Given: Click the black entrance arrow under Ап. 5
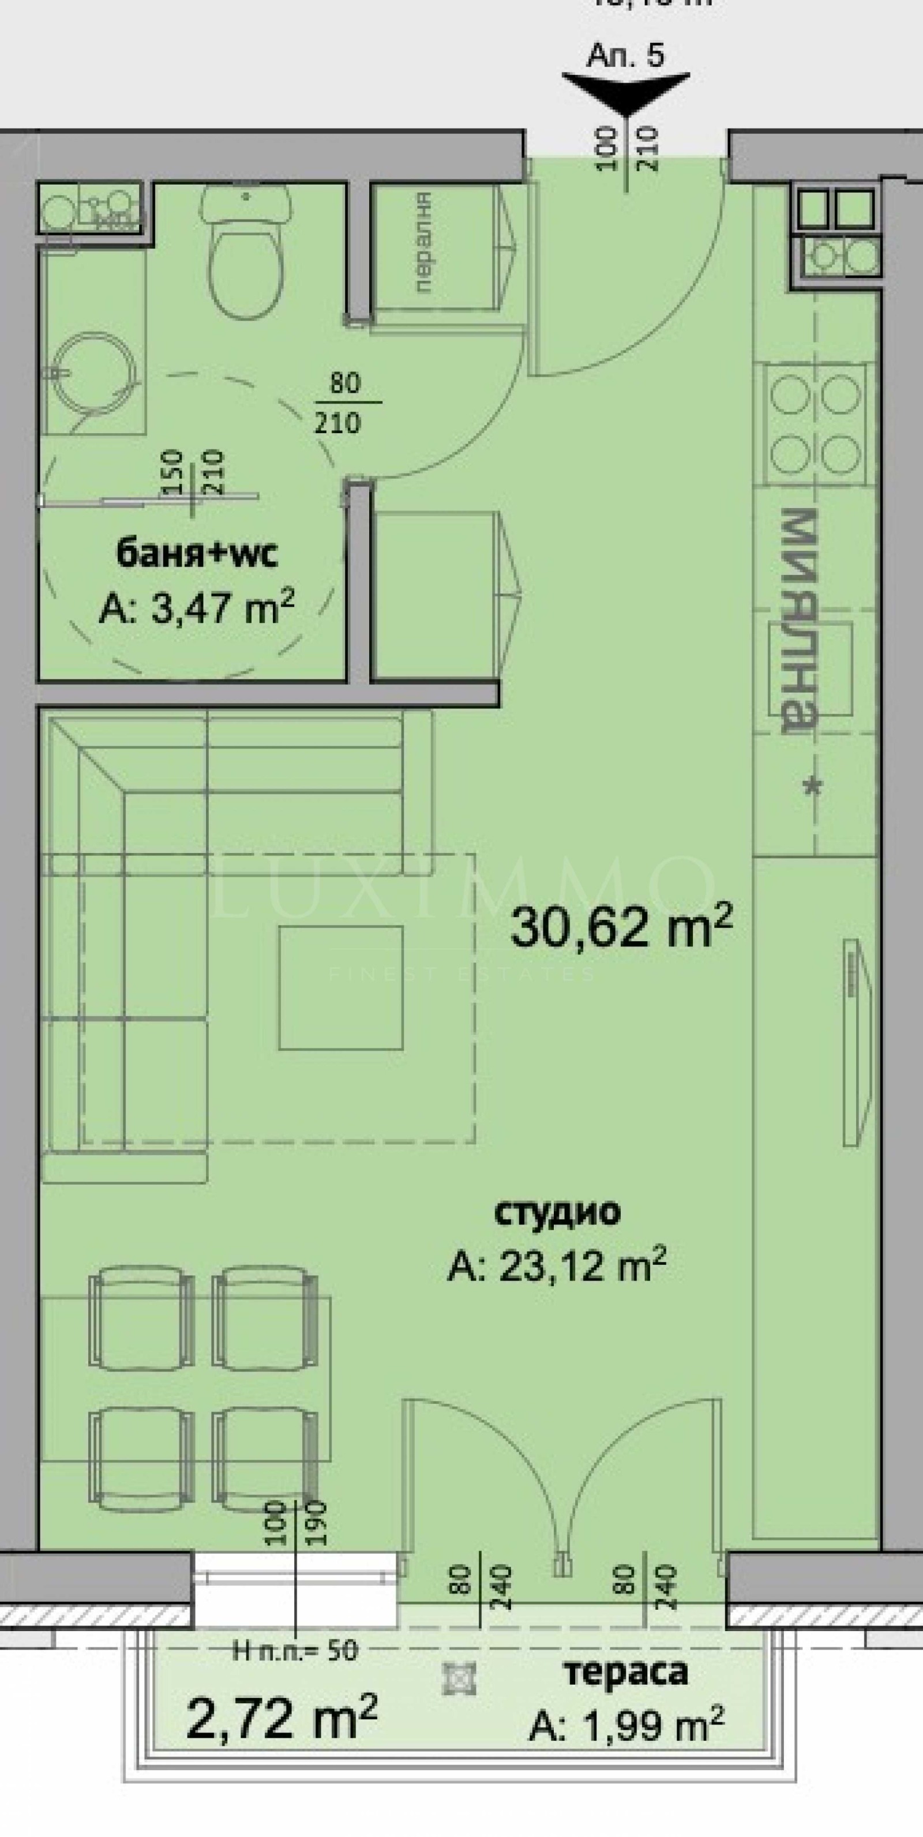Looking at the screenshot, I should click(x=625, y=90).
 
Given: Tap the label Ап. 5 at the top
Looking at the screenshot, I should click(x=625, y=55).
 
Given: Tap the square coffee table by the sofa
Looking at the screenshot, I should click(x=340, y=987).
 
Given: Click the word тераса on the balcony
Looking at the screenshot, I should click(x=625, y=1671).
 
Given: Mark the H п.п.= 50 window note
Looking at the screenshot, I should click(x=295, y=1650).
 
